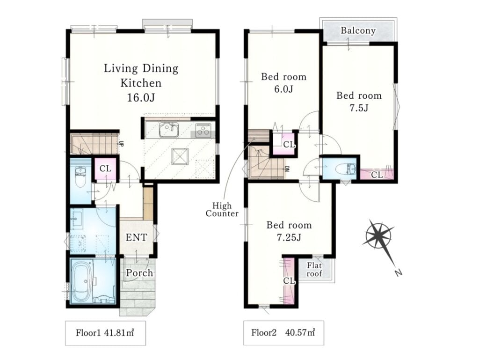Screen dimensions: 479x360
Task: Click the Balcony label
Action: [358, 30]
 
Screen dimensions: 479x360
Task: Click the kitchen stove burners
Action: [203, 130]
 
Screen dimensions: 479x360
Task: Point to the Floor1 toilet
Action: [80, 176]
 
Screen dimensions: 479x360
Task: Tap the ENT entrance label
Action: [136, 237]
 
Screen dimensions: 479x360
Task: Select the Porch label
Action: [139, 272]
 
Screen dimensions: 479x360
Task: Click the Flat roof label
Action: [314, 269]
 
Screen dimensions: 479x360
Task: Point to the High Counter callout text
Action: [222, 209]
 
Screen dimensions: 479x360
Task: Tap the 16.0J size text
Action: [141, 97]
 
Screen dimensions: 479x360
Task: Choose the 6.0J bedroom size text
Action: [283, 89]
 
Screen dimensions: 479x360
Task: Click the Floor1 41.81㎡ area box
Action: [105, 333]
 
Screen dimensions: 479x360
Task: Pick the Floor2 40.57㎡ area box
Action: [283, 333]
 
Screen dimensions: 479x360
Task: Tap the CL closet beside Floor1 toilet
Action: [105, 169]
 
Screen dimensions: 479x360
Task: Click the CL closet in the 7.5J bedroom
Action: [377, 175]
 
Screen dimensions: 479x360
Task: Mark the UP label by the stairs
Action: [121, 143]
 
